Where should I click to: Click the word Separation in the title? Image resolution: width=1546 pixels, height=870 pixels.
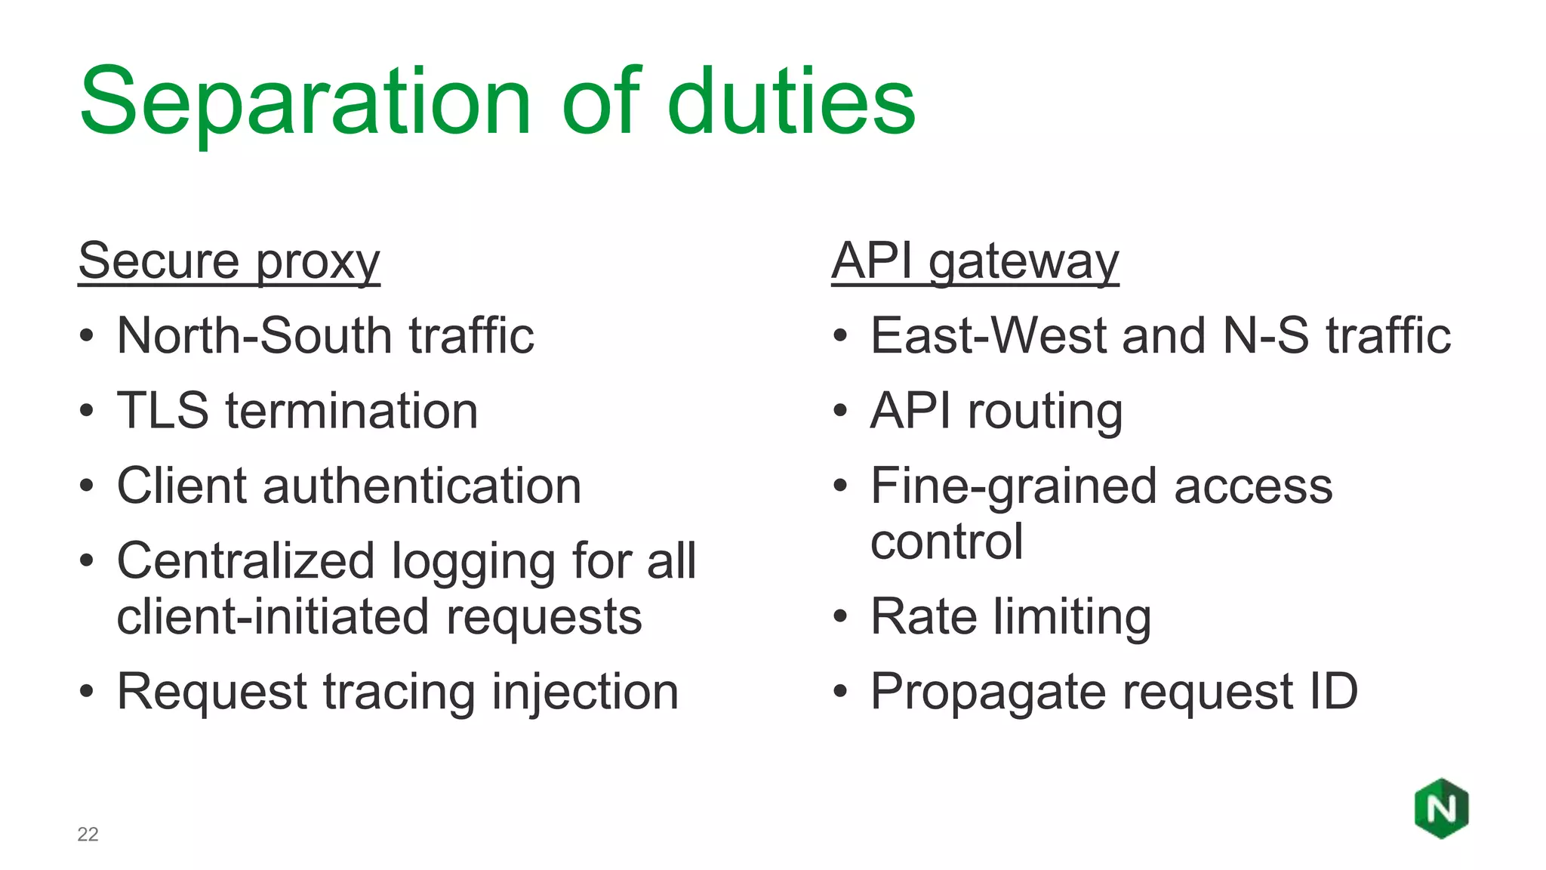pyautogui.click(x=306, y=102)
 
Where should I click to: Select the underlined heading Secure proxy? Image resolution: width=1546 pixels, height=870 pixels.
pyautogui.click(x=229, y=261)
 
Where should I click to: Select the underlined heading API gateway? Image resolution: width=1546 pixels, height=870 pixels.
pyautogui.click(x=975, y=261)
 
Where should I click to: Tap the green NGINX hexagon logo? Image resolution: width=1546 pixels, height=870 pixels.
pyautogui.click(x=1441, y=809)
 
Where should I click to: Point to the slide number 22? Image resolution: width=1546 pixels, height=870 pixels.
pyautogui.click(x=88, y=834)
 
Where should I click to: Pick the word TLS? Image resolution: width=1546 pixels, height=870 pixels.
pyautogui.click(x=162, y=411)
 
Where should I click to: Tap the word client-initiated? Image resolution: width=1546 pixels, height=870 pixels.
pyautogui.click(x=273, y=617)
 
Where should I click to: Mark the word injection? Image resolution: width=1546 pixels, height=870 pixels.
pyautogui.click(x=585, y=692)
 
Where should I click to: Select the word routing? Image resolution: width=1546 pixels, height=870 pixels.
pyautogui.click(x=1045, y=412)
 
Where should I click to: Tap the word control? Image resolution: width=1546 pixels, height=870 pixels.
pyautogui.click(x=947, y=541)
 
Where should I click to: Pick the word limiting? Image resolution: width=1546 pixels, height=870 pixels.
pyautogui.click(x=1071, y=617)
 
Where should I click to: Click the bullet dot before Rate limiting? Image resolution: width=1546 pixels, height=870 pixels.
pyautogui.click(x=840, y=617)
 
